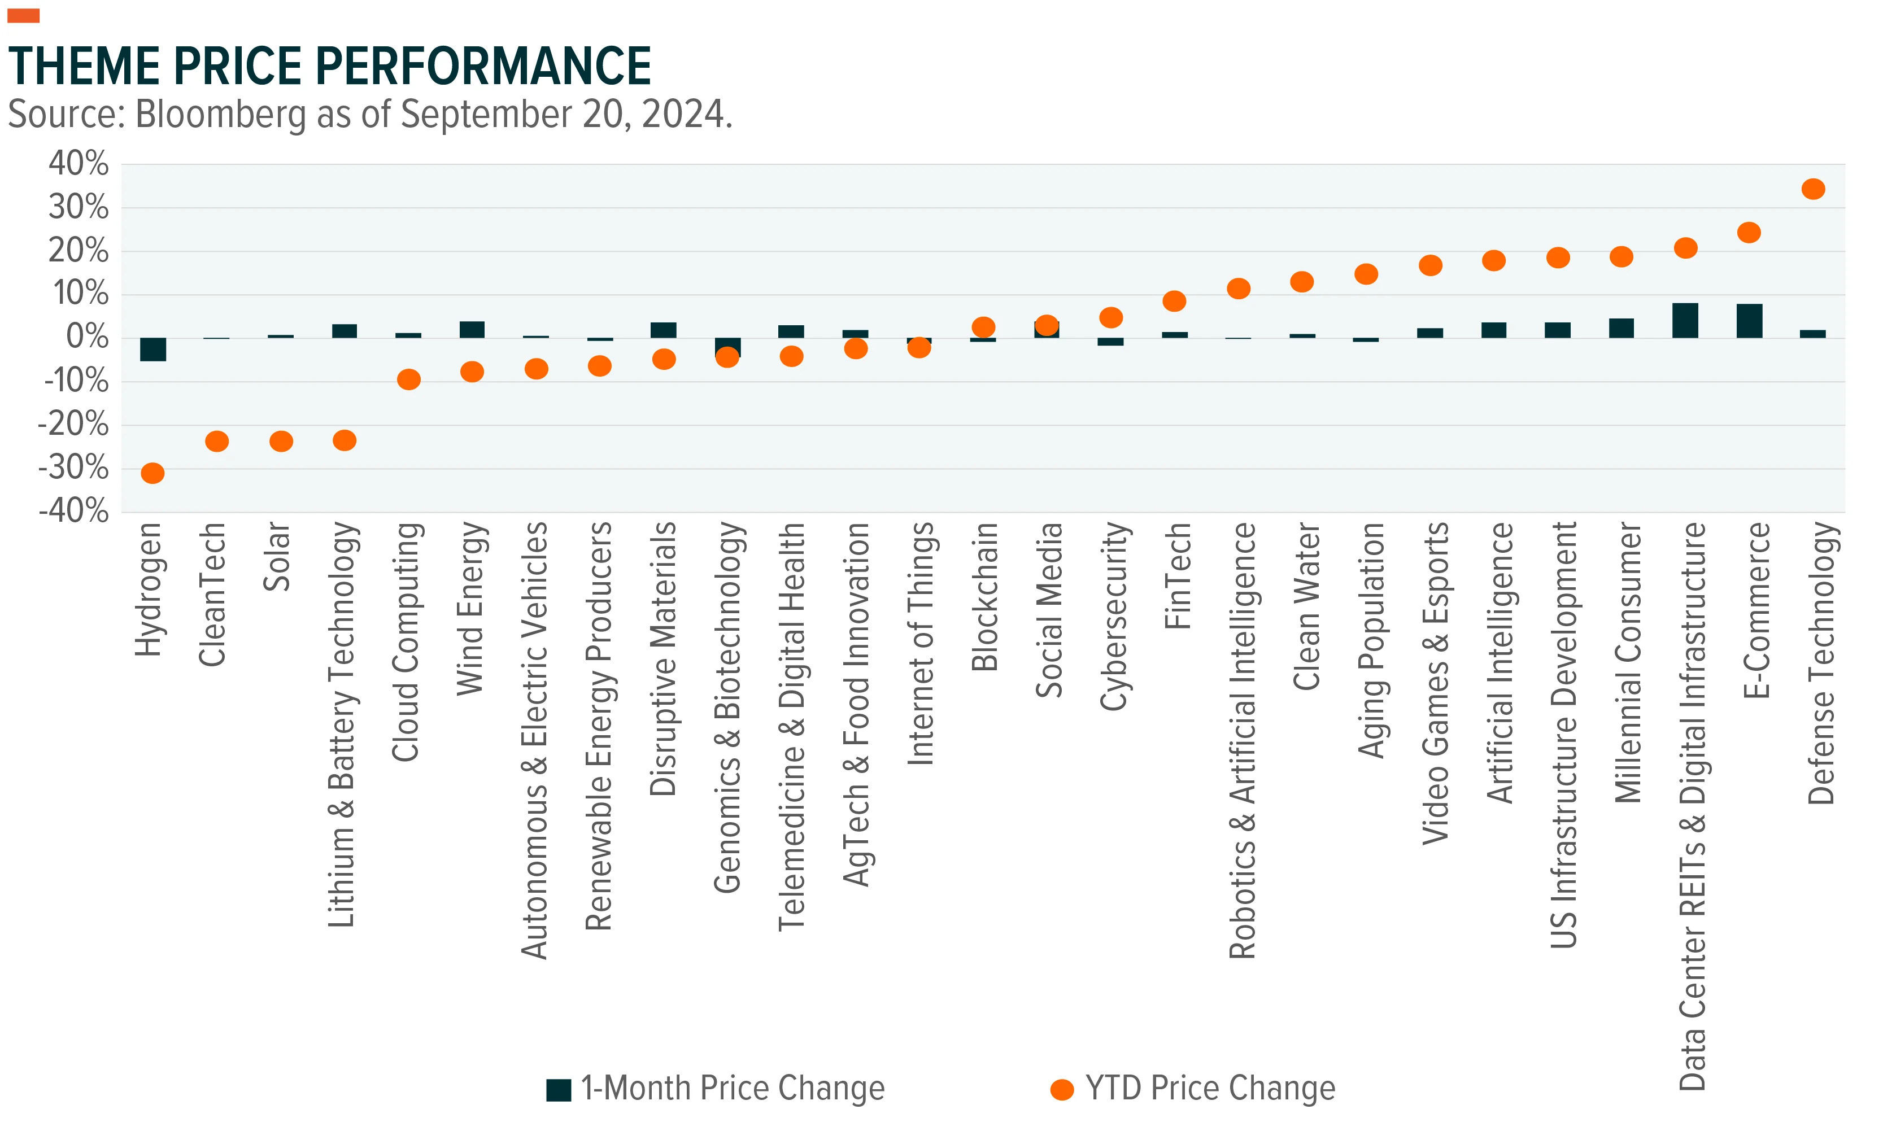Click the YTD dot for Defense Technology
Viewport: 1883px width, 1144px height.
point(1814,189)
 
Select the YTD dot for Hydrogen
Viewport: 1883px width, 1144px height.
point(153,473)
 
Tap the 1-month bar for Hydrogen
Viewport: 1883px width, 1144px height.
point(153,349)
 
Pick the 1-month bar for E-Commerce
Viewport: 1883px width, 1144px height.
point(1749,321)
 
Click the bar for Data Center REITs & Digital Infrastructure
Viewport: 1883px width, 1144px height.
point(1685,320)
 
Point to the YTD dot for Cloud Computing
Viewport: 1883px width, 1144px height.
point(409,379)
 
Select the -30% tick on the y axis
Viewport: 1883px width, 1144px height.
point(73,467)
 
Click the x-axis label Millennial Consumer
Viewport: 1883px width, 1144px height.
point(1628,662)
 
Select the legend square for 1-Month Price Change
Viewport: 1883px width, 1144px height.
point(559,1090)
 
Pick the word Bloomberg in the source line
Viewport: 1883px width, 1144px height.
point(221,115)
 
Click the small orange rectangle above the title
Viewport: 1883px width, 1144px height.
point(23,15)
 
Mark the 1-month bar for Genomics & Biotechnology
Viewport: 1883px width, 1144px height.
point(727,347)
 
